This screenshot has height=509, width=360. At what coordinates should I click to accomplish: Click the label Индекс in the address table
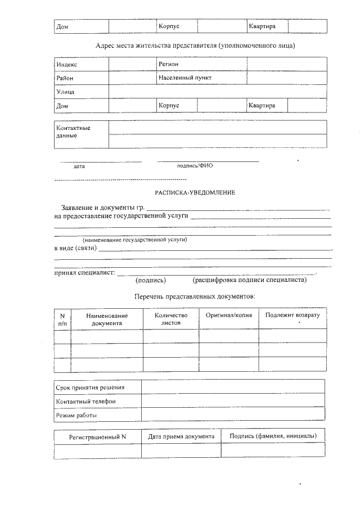click(x=67, y=65)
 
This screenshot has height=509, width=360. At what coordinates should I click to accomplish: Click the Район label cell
click(x=65, y=78)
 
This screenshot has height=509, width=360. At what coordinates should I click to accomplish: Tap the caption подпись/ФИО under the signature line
click(x=195, y=166)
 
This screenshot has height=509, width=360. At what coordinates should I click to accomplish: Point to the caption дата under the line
click(x=79, y=166)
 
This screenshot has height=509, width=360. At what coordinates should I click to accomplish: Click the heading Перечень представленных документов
click(x=195, y=296)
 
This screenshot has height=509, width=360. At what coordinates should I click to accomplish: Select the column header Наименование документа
click(x=107, y=319)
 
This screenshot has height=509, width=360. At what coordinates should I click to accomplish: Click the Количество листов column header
click(x=170, y=319)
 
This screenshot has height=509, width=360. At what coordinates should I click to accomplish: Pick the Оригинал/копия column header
click(x=229, y=315)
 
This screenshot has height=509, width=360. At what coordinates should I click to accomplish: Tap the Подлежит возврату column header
click(x=292, y=315)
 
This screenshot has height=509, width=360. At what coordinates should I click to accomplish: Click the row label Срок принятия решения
click(x=90, y=388)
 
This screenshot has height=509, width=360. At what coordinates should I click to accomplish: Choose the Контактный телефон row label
click(x=85, y=402)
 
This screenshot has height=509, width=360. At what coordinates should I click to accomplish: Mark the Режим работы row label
click(x=76, y=416)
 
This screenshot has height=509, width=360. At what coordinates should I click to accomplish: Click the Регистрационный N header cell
click(x=97, y=436)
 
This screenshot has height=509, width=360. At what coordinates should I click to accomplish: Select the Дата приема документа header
click(x=181, y=436)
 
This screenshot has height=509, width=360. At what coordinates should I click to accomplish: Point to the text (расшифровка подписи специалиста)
click(x=249, y=280)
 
